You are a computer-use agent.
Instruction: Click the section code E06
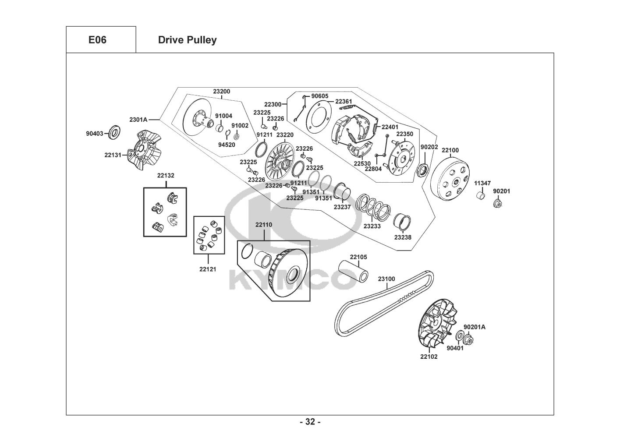tap(97, 40)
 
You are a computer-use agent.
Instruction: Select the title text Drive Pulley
tap(187, 40)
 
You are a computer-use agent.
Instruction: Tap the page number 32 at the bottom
tap(310, 422)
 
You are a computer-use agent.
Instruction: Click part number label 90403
tap(94, 134)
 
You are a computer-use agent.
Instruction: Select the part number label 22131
tap(113, 155)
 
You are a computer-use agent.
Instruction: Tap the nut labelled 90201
tap(497, 203)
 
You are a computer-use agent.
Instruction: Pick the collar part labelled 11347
tap(481, 195)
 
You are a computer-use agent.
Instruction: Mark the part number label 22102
tap(429, 357)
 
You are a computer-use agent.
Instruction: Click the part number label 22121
tap(208, 269)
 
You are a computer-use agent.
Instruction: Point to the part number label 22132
tap(166, 175)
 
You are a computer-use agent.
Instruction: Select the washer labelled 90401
tap(459, 336)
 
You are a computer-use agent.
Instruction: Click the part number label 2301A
tap(138, 119)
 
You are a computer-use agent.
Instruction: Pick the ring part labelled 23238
tap(403, 223)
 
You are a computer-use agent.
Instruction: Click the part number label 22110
tap(264, 225)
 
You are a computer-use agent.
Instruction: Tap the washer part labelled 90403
tap(116, 131)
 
